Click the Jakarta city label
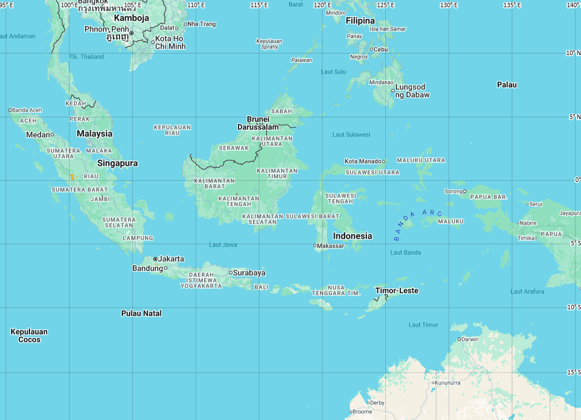[x=171, y=259]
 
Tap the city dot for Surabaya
[x=230, y=273]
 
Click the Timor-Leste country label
[x=396, y=290]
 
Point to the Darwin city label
[x=470, y=339]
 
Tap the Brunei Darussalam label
[x=257, y=123]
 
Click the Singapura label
[x=117, y=163]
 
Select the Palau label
[x=506, y=85]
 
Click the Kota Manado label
[x=362, y=161]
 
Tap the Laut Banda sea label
[x=405, y=253]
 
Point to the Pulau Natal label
[x=141, y=313]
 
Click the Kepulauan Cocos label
[x=29, y=335]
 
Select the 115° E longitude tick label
[x=259, y=5]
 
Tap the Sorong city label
[x=453, y=191]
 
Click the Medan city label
[x=37, y=135]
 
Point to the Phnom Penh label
[x=107, y=29]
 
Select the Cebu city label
[x=381, y=49]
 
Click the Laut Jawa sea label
[x=223, y=245]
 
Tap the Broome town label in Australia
[x=362, y=412]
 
